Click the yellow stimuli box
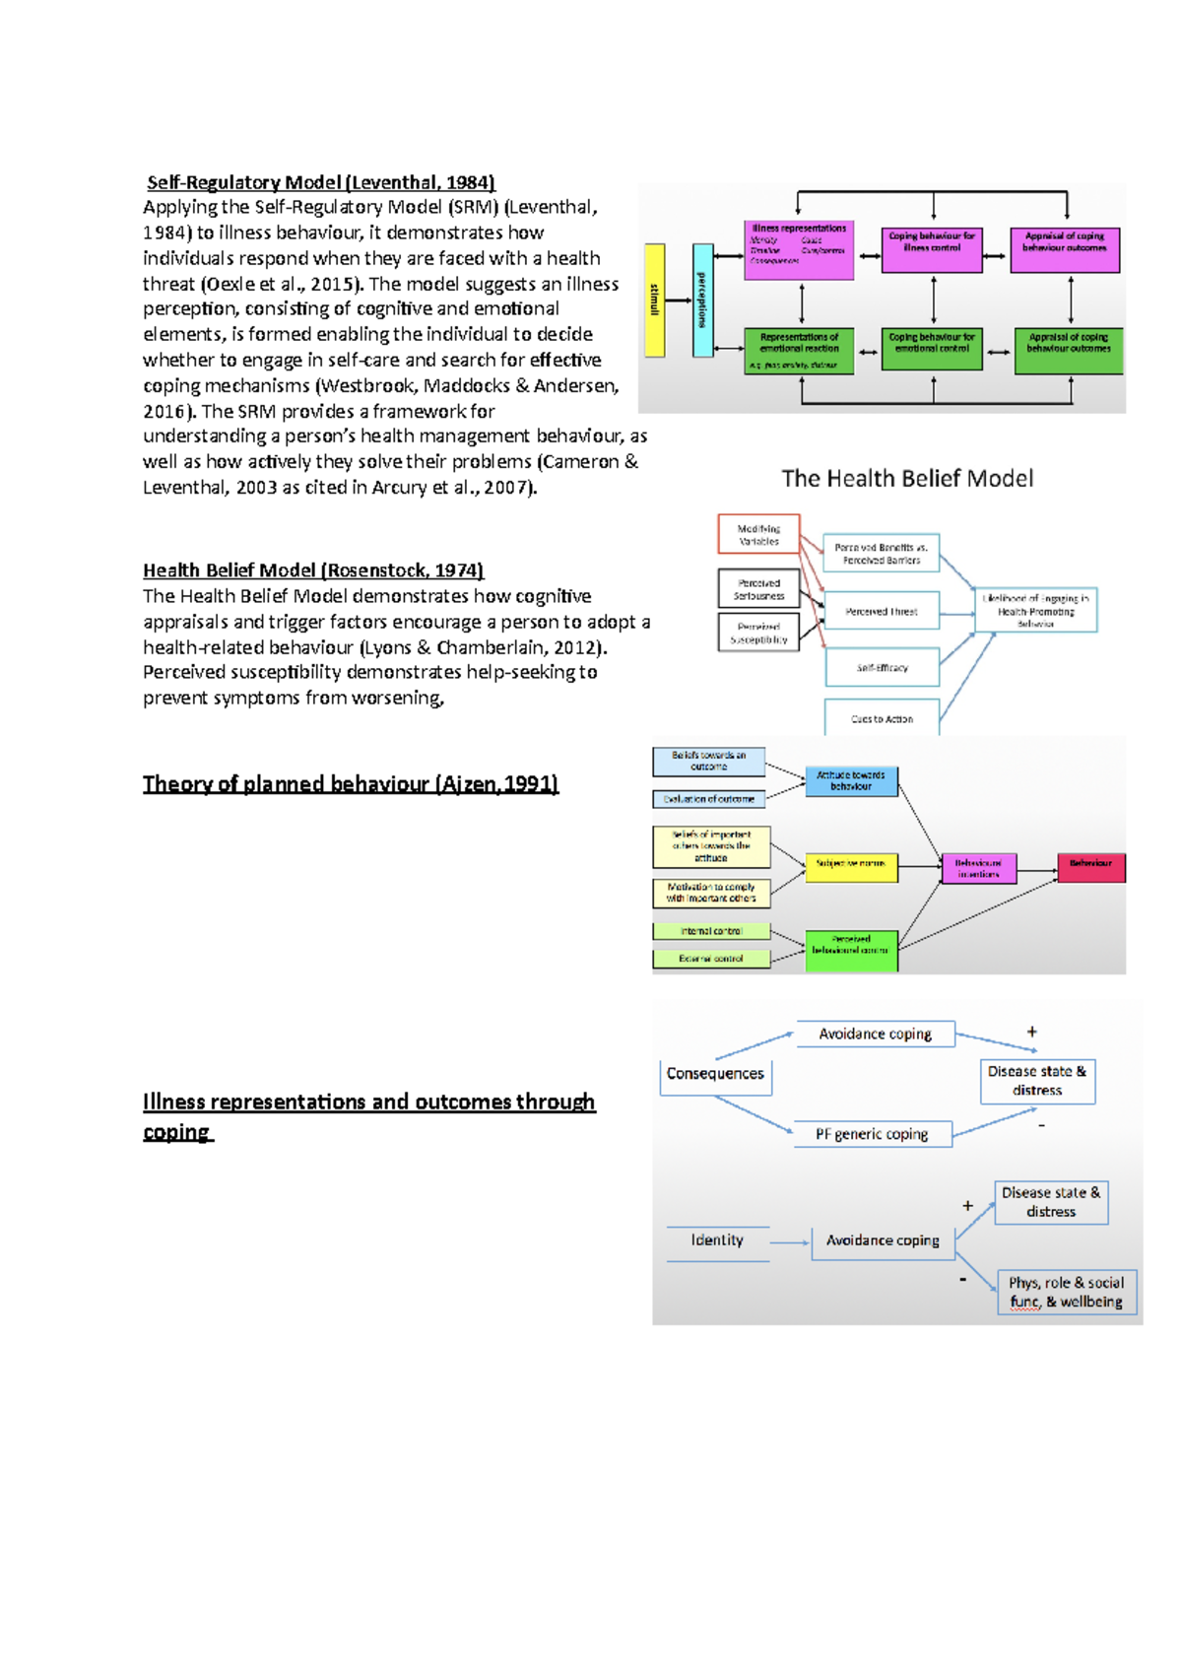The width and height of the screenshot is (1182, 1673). (654, 300)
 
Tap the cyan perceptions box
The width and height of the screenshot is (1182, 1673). (702, 300)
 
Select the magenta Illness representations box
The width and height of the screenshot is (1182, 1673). (799, 249)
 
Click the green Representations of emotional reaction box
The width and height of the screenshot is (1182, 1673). (799, 351)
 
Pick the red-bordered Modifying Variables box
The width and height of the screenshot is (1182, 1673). (758, 534)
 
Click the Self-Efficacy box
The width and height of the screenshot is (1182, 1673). (882, 667)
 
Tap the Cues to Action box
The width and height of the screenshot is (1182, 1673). (882, 718)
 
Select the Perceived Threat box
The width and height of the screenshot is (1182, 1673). (882, 611)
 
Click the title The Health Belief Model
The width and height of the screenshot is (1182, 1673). (907, 479)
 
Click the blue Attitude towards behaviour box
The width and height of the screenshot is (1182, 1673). (851, 781)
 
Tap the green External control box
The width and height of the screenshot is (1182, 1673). (711, 958)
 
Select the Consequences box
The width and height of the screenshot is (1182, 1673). (715, 1075)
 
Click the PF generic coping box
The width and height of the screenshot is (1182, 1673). (872, 1134)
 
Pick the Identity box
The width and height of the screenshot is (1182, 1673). (717, 1241)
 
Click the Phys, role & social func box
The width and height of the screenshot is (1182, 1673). (1066, 1292)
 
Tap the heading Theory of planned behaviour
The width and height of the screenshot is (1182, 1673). (351, 784)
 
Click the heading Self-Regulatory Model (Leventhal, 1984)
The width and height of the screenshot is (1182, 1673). (321, 182)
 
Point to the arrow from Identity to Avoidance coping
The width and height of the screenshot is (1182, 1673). (789, 1242)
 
